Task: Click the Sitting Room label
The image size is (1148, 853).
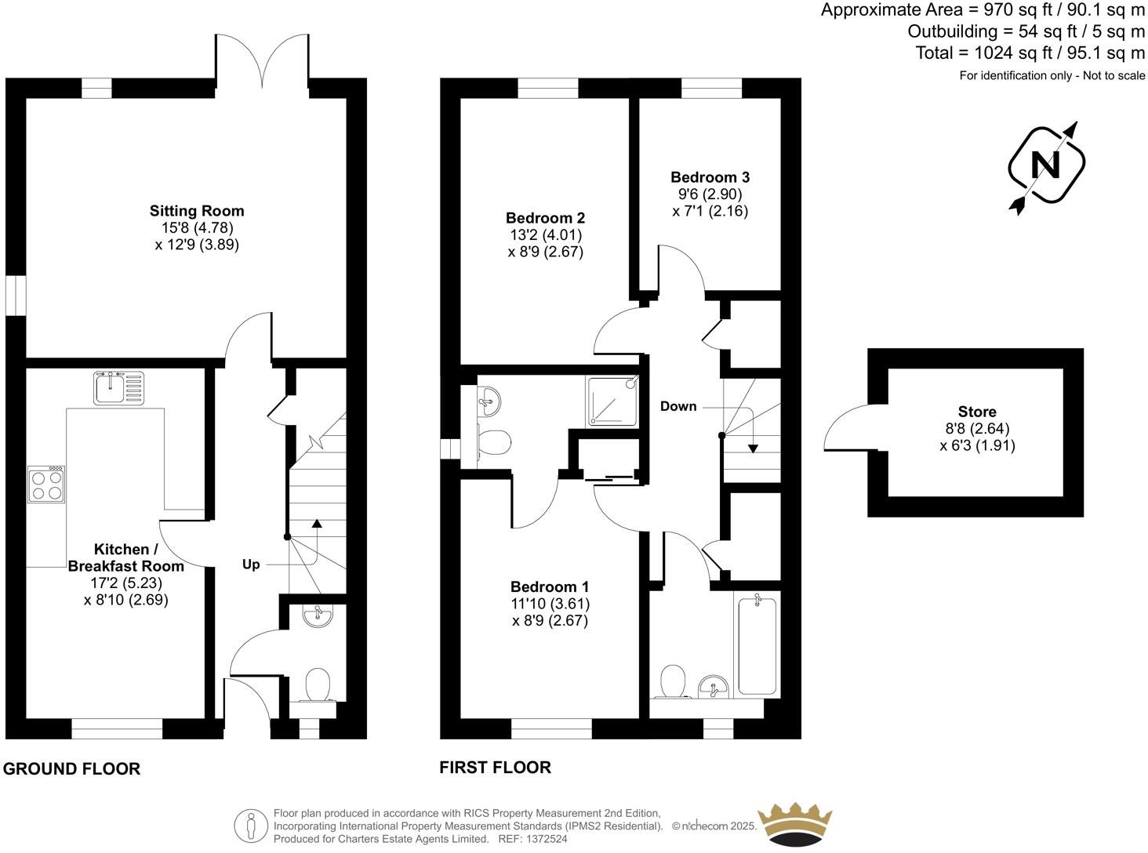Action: pyautogui.click(x=197, y=211)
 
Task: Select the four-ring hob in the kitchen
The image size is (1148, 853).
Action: pyautogui.click(x=46, y=484)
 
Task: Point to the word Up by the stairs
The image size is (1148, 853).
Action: pyautogui.click(x=251, y=564)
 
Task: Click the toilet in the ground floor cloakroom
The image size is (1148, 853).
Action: pyautogui.click(x=318, y=684)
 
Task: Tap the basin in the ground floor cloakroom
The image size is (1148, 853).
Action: pyautogui.click(x=318, y=617)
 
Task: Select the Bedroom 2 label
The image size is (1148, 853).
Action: pyautogui.click(x=545, y=218)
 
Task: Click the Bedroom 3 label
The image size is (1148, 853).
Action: pyautogui.click(x=710, y=177)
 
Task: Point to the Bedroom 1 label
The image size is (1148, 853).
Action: pyautogui.click(x=550, y=586)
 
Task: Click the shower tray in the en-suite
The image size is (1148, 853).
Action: pyautogui.click(x=613, y=401)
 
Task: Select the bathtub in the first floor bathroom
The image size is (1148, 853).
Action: pyautogui.click(x=757, y=644)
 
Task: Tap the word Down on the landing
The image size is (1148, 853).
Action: pyautogui.click(x=678, y=406)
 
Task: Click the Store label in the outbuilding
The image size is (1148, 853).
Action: pyautogui.click(x=977, y=412)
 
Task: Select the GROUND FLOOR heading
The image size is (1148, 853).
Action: pyautogui.click(x=72, y=769)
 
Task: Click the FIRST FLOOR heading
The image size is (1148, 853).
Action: pyautogui.click(x=495, y=767)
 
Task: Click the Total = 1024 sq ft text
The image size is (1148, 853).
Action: pyautogui.click(x=1030, y=53)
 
